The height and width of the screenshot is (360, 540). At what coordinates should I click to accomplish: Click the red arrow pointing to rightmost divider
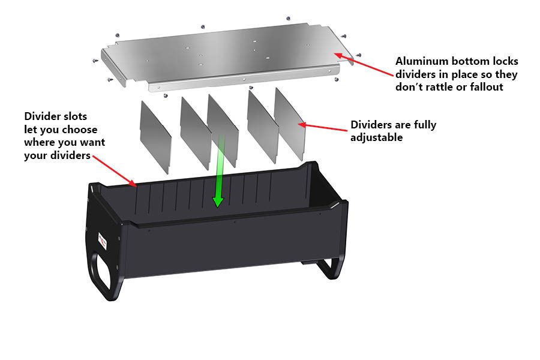coord(324,126)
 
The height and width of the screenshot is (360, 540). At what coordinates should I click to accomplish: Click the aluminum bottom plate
coord(228,57)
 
